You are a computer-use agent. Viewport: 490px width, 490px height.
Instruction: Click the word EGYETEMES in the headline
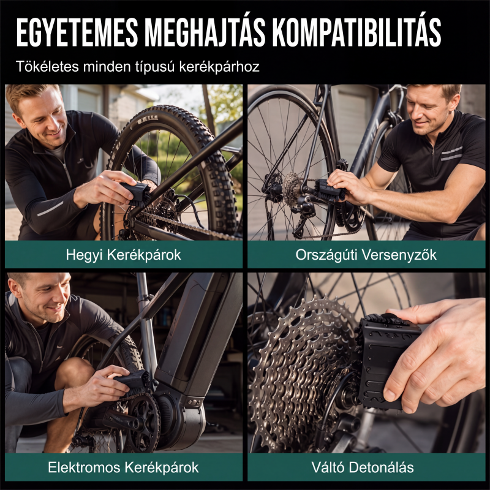click(x=77, y=32)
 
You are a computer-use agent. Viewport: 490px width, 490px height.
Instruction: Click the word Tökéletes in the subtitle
click(x=47, y=66)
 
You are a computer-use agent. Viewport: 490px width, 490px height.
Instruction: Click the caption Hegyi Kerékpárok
click(x=124, y=255)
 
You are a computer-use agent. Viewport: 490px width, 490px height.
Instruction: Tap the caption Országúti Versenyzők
click(x=366, y=255)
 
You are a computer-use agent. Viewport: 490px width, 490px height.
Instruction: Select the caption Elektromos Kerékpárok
click(x=124, y=467)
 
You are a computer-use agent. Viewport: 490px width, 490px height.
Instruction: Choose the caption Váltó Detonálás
click(x=363, y=467)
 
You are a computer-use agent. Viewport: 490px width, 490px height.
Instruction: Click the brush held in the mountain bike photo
click(x=136, y=193)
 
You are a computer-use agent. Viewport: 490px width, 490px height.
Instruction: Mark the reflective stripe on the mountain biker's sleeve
click(x=50, y=209)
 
